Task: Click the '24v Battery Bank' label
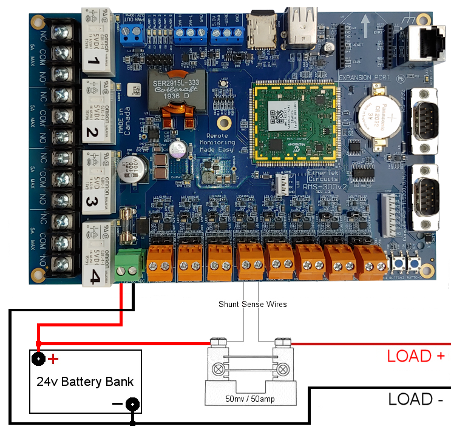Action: [x=86, y=382]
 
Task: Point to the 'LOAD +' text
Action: [x=416, y=356]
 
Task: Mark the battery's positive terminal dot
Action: [x=39, y=359]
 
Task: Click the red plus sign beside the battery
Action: [x=53, y=359]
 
